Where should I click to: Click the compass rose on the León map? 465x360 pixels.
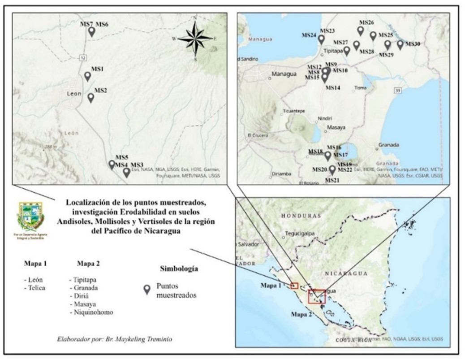pyautogui.click(x=195, y=38)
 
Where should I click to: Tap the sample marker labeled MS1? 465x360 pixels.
pyautogui.click(x=88, y=76)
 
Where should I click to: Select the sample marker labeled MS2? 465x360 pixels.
pyautogui.click(x=90, y=97)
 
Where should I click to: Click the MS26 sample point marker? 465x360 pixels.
pyautogui.click(x=361, y=30)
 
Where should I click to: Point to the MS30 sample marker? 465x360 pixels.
pyautogui.click(x=400, y=45)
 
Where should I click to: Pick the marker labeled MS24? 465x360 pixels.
pyautogui.click(x=321, y=39)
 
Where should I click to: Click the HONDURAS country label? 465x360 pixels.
pyautogui.click(x=301, y=216)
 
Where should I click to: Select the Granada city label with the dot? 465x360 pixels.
pyautogui.click(x=388, y=145)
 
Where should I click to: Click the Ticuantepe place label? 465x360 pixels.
pyautogui.click(x=293, y=111)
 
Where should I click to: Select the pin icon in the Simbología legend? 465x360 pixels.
pyautogui.click(x=146, y=290)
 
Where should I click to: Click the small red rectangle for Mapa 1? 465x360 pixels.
pyautogui.click(x=294, y=286)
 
